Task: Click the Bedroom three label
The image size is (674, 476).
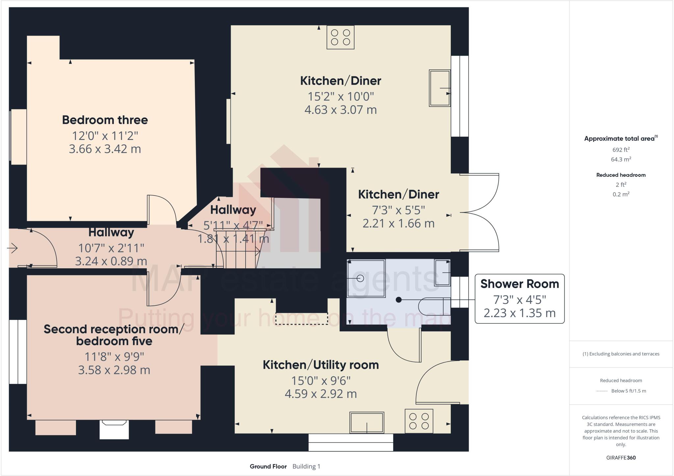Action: (x=105, y=120)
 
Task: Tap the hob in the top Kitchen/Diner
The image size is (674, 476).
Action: (x=340, y=37)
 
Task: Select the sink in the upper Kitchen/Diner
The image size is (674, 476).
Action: (x=439, y=88)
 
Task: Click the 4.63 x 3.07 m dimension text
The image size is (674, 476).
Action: (x=340, y=110)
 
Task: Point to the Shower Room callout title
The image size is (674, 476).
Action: (x=519, y=284)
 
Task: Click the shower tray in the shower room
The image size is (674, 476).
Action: (x=366, y=278)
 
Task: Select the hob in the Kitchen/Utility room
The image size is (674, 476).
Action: (x=419, y=421)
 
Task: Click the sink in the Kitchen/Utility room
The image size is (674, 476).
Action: (x=367, y=423)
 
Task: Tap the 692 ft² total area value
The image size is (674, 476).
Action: (x=621, y=150)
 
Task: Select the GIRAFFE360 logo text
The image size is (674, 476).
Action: (x=621, y=458)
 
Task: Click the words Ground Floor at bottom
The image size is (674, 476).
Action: (x=268, y=466)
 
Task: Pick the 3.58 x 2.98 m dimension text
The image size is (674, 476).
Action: (x=114, y=370)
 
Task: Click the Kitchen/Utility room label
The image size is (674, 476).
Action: (x=321, y=365)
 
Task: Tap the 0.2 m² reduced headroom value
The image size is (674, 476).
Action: (x=621, y=194)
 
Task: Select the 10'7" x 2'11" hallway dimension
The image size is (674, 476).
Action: (x=111, y=248)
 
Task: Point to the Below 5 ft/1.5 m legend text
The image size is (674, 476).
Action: (x=628, y=391)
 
